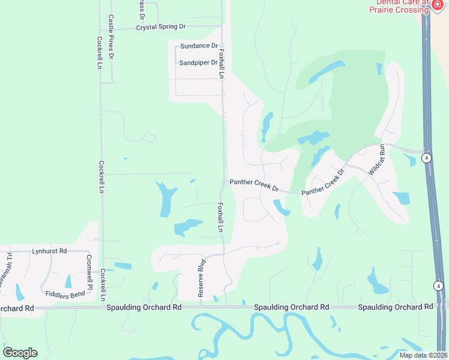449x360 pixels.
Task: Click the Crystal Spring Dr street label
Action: [x=161, y=28]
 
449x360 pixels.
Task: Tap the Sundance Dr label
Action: [x=199, y=46]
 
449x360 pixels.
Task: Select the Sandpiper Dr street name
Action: [x=197, y=62]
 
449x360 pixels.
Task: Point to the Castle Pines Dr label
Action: [x=111, y=37]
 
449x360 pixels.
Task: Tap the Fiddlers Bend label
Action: [x=65, y=295]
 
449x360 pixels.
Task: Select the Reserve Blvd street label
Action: [x=202, y=278]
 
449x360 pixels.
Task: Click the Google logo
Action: [x=20, y=353]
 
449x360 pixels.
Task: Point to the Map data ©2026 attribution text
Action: [x=423, y=355]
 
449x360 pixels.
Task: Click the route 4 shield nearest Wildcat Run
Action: [x=426, y=158]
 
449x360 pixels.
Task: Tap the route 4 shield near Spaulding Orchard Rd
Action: [x=439, y=287]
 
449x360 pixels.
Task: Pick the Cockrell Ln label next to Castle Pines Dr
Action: [x=99, y=53]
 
